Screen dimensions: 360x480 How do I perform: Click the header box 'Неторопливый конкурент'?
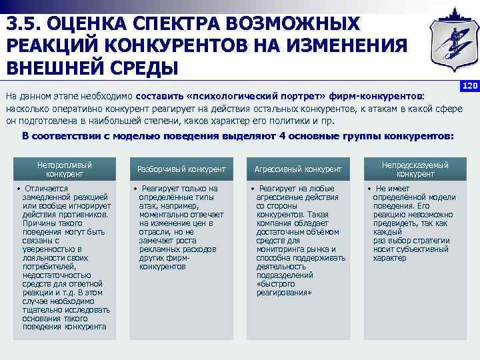64,169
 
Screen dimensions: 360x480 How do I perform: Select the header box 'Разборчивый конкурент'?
181,169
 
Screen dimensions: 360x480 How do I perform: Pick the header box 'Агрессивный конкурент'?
297,169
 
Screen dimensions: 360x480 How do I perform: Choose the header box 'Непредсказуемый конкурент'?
415,169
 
